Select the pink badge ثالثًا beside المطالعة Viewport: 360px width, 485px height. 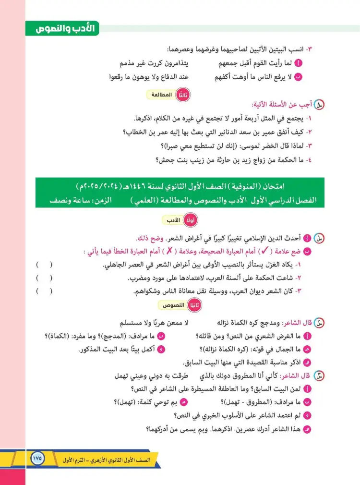click(x=182, y=95)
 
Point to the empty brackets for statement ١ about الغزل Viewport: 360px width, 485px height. click(x=44, y=265)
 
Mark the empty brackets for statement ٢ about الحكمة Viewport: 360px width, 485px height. click(x=44, y=278)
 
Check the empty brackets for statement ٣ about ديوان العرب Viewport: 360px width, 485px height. click(x=44, y=291)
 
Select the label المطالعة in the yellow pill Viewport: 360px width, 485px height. click(x=161, y=95)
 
